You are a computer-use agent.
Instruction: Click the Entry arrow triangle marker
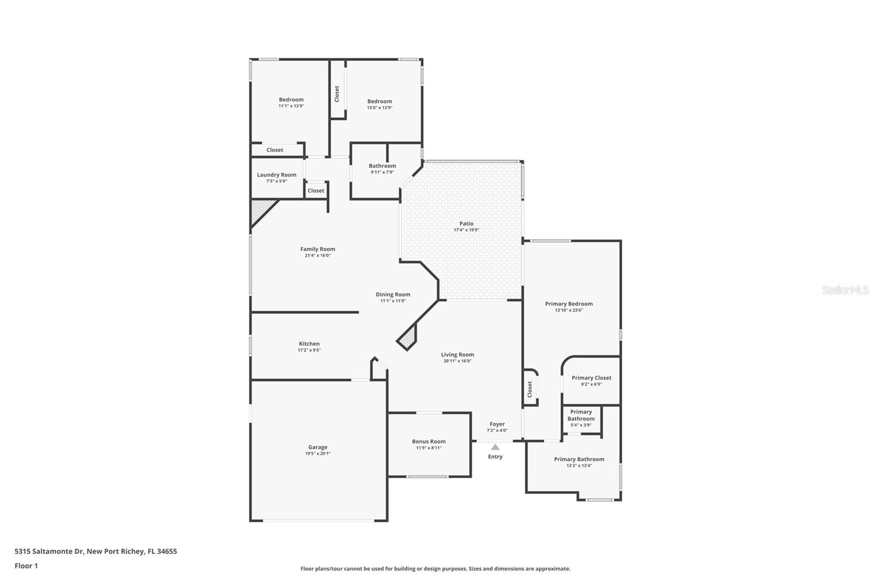click(495, 447)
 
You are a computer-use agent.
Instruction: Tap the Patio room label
click(467, 224)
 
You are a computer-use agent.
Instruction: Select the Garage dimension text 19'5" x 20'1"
click(317, 454)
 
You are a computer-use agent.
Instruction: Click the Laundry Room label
click(277, 175)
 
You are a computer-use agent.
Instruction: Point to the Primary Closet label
click(591, 378)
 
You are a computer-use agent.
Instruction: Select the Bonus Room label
click(428, 441)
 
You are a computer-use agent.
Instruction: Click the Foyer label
click(497, 424)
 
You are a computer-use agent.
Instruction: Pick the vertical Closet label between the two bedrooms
click(337, 94)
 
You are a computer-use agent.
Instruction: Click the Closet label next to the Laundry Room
click(316, 190)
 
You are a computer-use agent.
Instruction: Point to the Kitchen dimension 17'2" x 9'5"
click(309, 350)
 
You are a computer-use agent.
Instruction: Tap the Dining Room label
click(392, 294)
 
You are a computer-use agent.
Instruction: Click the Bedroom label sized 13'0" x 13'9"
click(379, 101)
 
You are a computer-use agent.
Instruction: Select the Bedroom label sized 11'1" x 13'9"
click(291, 100)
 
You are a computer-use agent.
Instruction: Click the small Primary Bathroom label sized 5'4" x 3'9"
click(581, 415)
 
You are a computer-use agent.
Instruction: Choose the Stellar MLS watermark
click(845, 291)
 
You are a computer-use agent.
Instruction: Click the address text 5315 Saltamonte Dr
click(49, 551)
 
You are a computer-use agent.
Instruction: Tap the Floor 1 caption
click(26, 566)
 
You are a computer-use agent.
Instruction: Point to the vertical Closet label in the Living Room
click(530, 388)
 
